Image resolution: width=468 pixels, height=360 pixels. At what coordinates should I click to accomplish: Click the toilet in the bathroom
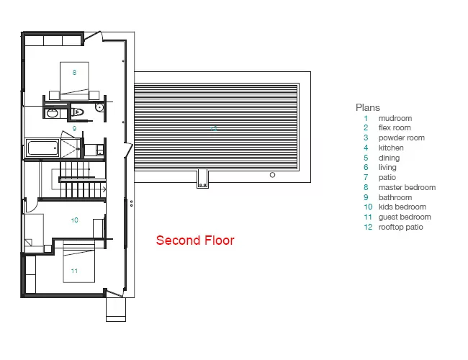pyautogui.click(x=78, y=112)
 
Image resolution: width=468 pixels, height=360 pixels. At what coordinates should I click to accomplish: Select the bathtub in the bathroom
pyautogui.click(x=42, y=148)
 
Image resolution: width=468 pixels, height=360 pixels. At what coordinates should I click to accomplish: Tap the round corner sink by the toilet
pyautogui.click(x=99, y=107)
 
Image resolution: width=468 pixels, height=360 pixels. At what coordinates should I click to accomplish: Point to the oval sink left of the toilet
pyautogui.click(x=53, y=114)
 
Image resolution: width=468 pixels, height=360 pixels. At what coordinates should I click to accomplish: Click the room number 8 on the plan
pyautogui.click(x=74, y=72)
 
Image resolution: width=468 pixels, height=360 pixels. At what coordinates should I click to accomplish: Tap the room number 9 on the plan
pyautogui.click(x=74, y=129)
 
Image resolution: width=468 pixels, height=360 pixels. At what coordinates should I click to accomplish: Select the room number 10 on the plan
pyautogui.click(x=74, y=220)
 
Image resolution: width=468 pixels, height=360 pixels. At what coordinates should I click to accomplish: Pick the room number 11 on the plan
pyautogui.click(x=74, y=271)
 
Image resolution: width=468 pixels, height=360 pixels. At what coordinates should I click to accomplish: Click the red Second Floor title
pyautogui.click(x=195, y=240)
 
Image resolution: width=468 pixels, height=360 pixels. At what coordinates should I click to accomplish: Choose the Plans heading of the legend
pyautogui.click(x=368, y=107)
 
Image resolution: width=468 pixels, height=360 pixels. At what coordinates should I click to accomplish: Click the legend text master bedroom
pyautogui.click(x=407, y=187)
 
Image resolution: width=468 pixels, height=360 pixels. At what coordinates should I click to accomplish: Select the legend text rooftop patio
pyautogui.click(x=401, y=228)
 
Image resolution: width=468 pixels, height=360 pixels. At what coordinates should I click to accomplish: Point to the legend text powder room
pyautogui.click(x=402, y=138)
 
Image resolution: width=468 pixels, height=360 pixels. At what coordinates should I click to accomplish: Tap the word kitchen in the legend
pyautogui.click(x=391, y=148)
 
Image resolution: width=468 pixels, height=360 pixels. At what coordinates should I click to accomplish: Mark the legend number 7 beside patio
pyautogui.click(x=366, y=177)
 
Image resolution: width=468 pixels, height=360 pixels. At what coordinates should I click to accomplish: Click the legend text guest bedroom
pyautogui.click(x=405, y=217)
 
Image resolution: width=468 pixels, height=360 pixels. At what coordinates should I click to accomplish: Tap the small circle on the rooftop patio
pyautogui.click(x=272, y=175)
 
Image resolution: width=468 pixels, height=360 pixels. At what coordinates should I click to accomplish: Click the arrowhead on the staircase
pyautogui.click(x=104, y=189)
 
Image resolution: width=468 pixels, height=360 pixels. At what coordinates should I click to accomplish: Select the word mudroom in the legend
pyautogui.click(x=395, y=118)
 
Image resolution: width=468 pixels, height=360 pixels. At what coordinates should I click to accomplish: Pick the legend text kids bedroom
pyautogui.click(x=402, y=207)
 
